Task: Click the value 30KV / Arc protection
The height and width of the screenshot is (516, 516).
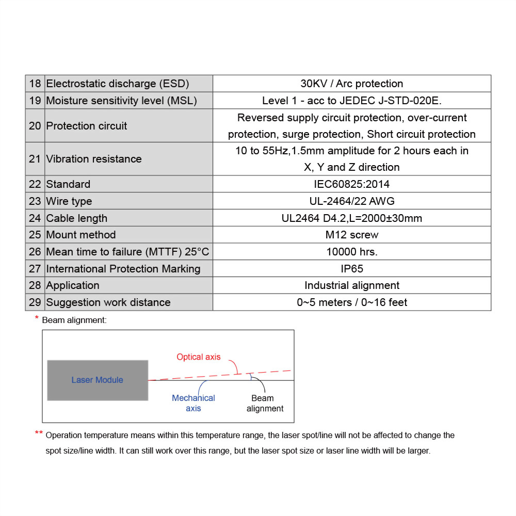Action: point(351,84)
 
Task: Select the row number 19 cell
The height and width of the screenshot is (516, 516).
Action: point(35,101)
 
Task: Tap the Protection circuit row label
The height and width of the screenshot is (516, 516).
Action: point(87,126)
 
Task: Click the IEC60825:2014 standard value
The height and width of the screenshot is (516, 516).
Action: point(351,184)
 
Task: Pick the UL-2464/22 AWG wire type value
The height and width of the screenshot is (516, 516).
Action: point(351,201)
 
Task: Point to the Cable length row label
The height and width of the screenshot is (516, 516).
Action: point(77,218)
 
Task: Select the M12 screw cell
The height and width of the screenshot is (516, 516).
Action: point(351,235)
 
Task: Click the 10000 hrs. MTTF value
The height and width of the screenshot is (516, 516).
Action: point(351,252)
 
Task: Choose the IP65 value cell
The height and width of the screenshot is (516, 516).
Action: point(351,269)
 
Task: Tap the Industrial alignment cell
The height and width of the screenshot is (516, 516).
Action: point(351,285)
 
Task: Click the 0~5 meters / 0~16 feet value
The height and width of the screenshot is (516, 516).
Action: point(351,302)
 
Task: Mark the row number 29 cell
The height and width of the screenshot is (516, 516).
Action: point(35,302)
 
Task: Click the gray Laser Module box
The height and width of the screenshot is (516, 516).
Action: point(98,380)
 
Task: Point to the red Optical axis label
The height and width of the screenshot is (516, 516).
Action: point(198,357)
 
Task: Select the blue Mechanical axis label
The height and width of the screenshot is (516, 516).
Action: point(193,403)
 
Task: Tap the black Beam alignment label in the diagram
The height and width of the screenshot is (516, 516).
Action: point(265,403)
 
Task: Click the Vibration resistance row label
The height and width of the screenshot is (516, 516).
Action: point(94,159)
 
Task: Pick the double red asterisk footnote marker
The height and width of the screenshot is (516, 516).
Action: point(39,433)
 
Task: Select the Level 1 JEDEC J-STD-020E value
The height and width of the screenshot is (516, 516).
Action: point(351,101)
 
